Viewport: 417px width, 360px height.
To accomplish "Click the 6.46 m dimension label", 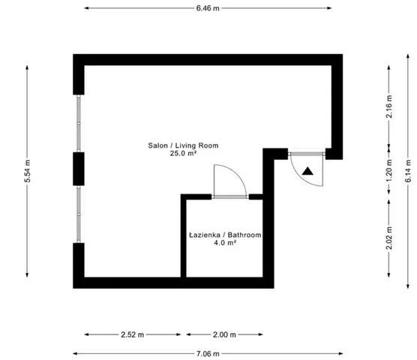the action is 208,8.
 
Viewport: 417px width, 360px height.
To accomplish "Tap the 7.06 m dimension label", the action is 208,353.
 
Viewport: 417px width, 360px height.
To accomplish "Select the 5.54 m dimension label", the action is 28,171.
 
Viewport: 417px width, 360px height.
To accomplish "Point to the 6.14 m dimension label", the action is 408,171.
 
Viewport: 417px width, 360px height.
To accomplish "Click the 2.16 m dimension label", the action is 389,106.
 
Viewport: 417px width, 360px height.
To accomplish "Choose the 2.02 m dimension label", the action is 389,238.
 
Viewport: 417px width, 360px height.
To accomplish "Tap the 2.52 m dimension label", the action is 133,334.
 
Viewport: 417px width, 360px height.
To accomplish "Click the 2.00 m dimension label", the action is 224,334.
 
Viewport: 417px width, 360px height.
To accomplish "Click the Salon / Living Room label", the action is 183,145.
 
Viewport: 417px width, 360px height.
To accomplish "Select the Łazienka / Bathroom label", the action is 225,235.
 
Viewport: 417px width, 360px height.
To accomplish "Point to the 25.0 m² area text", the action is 183,153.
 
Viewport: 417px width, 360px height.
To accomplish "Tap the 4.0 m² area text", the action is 225,242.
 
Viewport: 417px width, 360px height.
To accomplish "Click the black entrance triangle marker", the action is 307,172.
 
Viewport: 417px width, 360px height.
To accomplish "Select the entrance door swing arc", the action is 301,175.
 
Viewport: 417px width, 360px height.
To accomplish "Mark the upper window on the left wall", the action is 79,123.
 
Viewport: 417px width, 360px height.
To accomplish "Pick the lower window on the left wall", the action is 79,214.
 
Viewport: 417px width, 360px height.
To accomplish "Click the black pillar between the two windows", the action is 79,169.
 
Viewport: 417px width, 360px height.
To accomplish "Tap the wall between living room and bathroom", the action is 184,237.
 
